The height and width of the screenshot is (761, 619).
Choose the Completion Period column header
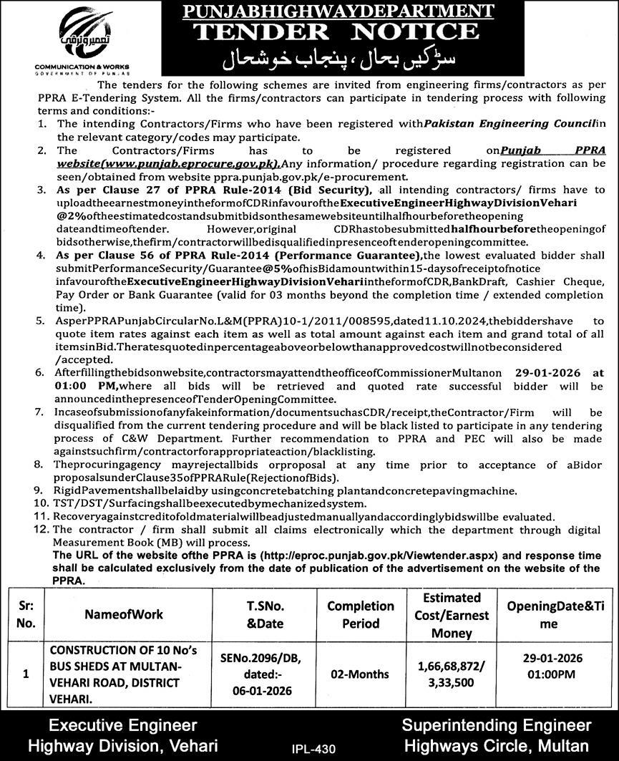click(x=361, y=614)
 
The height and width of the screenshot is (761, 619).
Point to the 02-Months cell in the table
click(x=361, y=674)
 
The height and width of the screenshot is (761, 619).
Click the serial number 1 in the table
click(x=26, y=674)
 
